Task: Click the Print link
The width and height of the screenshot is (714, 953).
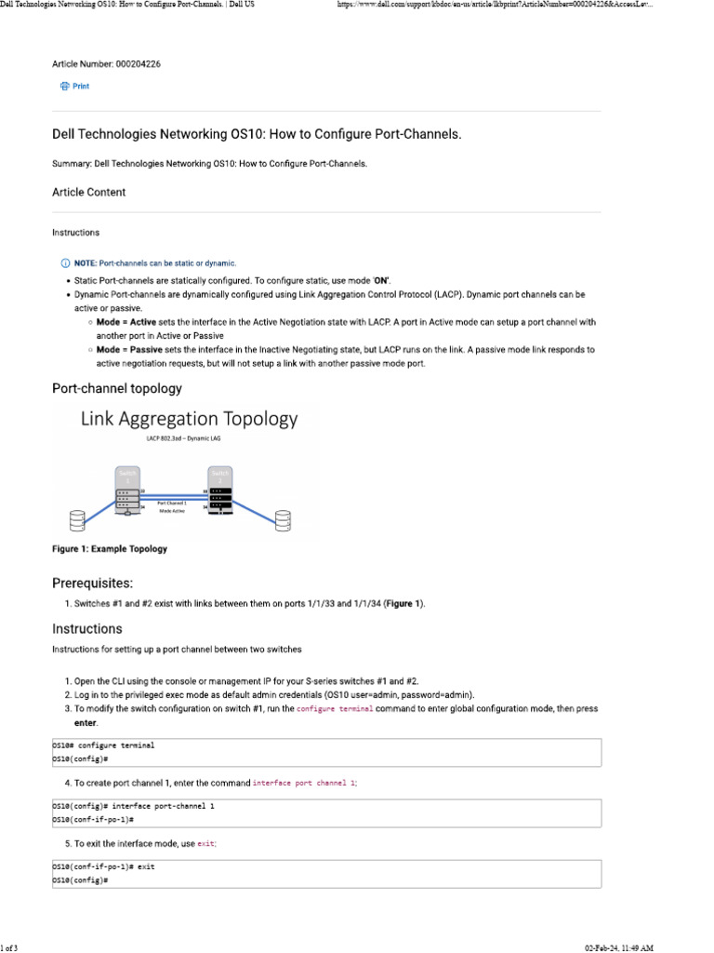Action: click(x=81, y=87)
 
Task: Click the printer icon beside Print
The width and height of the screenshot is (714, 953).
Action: click(x=64, y=87)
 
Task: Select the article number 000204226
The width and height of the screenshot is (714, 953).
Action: click(x=143, y=64)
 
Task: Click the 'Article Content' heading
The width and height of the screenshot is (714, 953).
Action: click(x=88, y=193)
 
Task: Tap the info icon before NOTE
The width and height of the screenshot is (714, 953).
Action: click(x=65, y=263)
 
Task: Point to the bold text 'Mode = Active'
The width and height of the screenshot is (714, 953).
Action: click(x=126, y=322)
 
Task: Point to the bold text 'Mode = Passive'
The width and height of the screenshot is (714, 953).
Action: click(x=128, y=350)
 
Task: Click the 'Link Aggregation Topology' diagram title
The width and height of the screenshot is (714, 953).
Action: click(x=190, y=419)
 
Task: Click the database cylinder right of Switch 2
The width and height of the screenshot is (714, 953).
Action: click(x=281, y=518)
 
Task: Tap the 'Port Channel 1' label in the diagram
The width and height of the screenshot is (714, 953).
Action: click(x=173, y=503)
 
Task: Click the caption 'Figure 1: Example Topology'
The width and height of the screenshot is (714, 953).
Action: click(x=110, y=549)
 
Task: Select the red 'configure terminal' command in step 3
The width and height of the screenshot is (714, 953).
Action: click(x=335, y=709)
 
